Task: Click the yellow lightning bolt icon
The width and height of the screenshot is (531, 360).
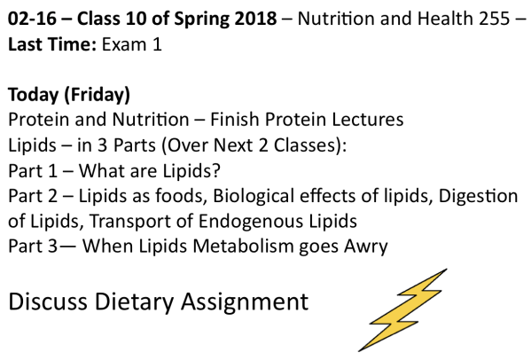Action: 404,309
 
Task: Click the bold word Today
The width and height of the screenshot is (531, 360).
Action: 32,95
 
